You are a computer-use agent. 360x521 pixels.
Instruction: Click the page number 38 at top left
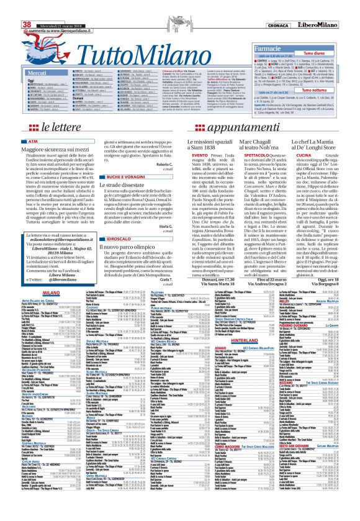pos(10,6)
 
